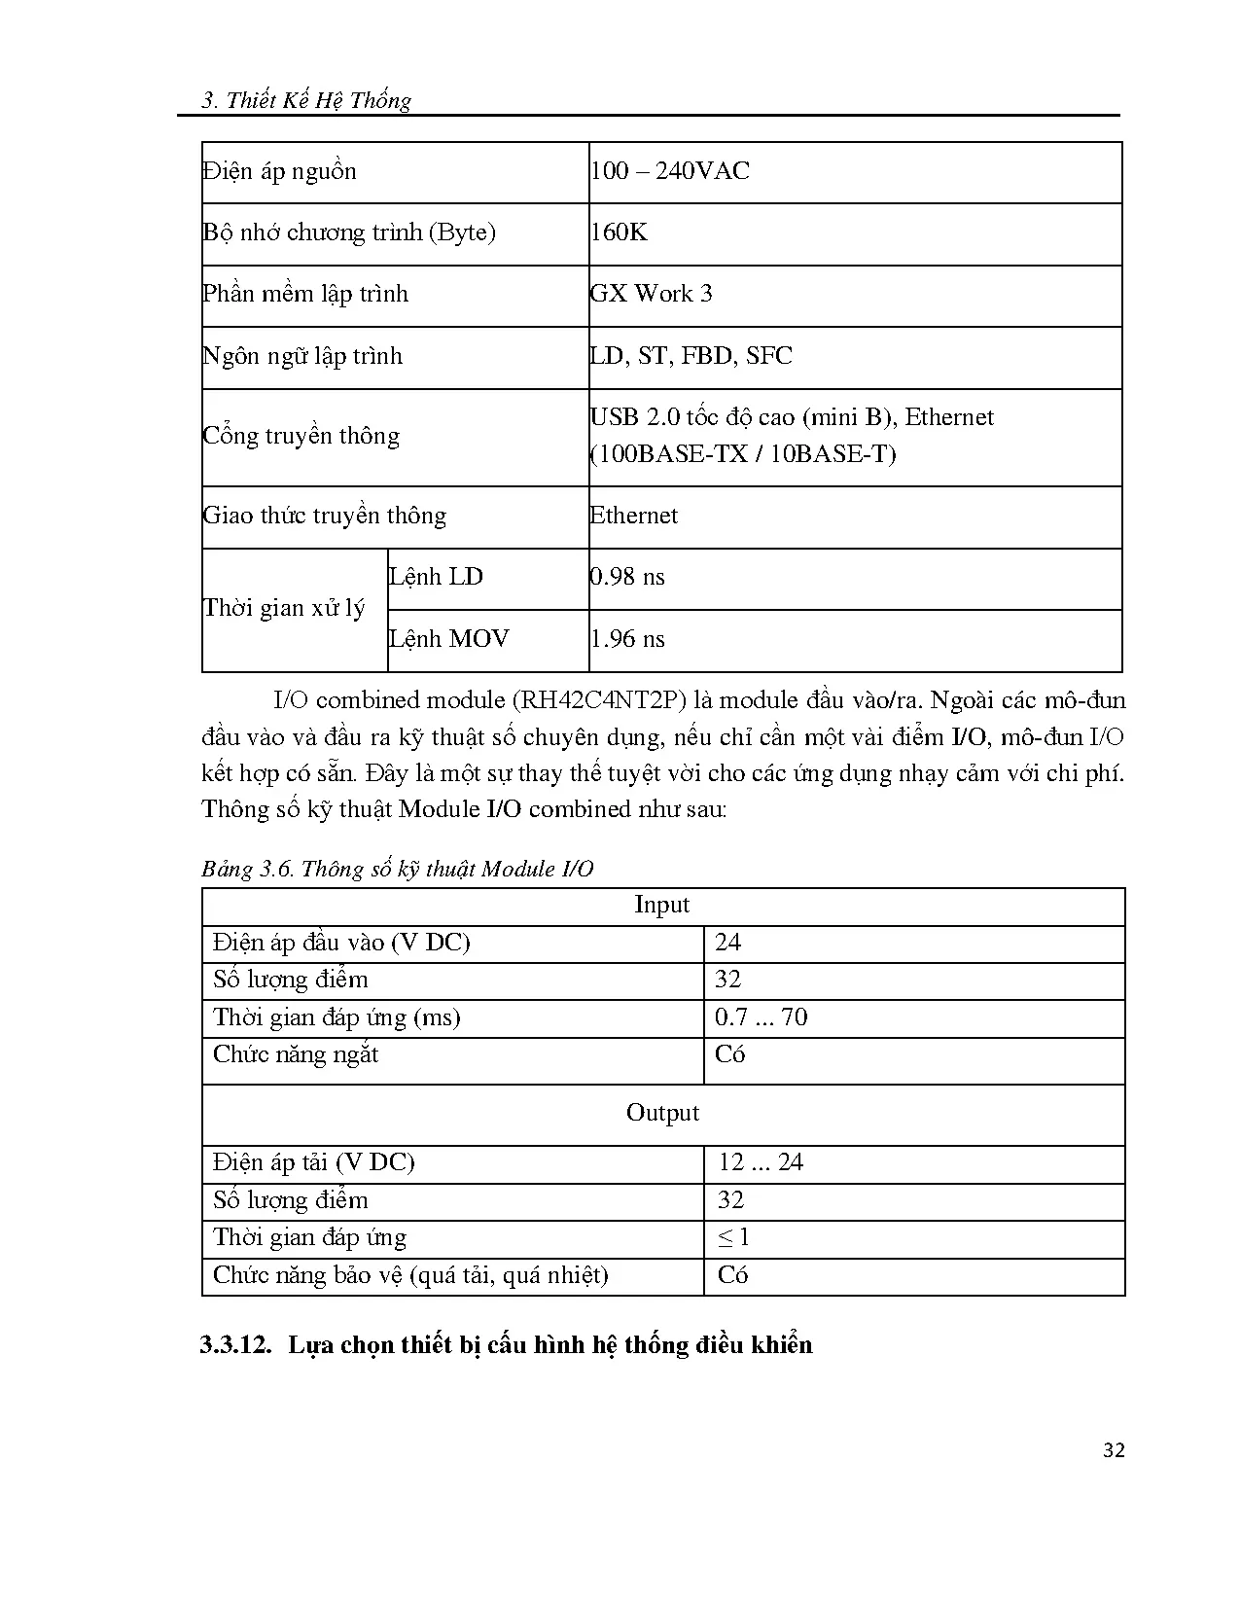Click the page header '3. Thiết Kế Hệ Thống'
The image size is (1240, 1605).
point(306,100)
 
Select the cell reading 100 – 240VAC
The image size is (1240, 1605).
point(670,171)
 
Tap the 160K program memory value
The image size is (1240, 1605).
point(619,232)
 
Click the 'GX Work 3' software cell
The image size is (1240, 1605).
point(651,294)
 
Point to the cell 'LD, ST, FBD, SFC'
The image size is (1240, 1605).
point(691,356)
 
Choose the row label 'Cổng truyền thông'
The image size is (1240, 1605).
point(301,436)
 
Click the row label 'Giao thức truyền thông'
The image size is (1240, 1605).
point(324,516)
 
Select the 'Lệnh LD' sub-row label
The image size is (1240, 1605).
point(436,577)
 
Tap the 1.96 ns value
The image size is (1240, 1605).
point(627,639)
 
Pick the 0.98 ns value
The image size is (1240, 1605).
point(627,577)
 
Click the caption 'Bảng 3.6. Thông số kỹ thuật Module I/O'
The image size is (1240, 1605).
point(397,869)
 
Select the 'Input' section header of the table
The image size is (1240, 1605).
point(661,905)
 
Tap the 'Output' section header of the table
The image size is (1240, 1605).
point(662,1113)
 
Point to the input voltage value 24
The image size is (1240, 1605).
point(727,943)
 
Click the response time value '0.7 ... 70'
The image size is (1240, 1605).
point(761,1017)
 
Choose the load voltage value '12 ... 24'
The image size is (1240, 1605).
point(761,1162)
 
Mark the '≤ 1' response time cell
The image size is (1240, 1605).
point(733,1237)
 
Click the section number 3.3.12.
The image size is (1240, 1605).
point(235,1345)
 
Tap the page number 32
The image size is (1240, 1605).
point(1115,1450)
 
